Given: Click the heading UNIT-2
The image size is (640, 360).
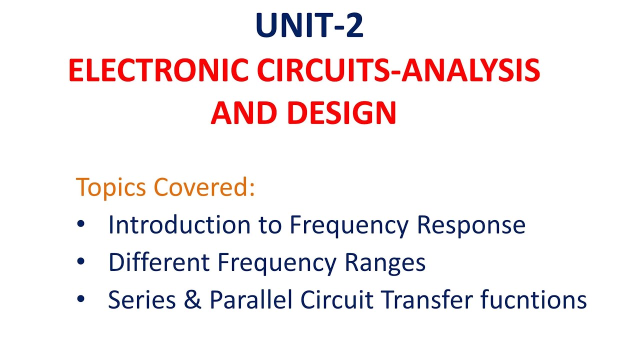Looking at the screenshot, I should click(x=309, y=26).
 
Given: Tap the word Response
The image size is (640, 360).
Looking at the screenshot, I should click(x=471, y=225).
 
